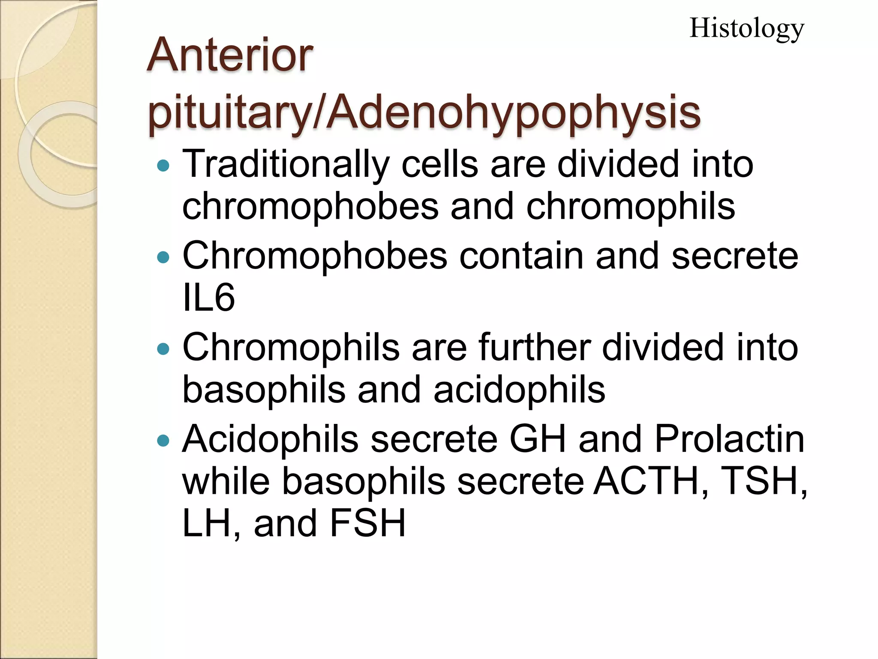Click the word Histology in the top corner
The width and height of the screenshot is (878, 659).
(x=746, y=29)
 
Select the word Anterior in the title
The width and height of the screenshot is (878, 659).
(x=230, y=55)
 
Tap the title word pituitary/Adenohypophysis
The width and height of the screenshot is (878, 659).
(x=424, y=112)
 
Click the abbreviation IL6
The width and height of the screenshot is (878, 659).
(x=208, y=298)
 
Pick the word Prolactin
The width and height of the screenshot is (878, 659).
(x=729, y=439)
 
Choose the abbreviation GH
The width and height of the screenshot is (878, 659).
(x=538, y=439)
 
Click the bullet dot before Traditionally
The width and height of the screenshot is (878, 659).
(x=163, y=166)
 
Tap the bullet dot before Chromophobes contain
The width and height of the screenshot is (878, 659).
(x=163, y=257)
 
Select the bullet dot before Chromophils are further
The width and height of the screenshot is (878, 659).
(x=163, y=349)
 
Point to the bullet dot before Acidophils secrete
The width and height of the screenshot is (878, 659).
(x=163, y=440)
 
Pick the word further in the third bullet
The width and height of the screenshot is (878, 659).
(x=535, y=347)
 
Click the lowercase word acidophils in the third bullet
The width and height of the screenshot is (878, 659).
(x=519, y=390)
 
